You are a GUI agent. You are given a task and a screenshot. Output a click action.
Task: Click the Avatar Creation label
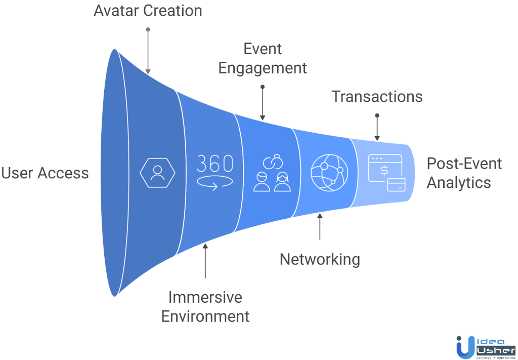(148, 11)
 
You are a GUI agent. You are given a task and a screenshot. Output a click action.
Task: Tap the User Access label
(45, 173)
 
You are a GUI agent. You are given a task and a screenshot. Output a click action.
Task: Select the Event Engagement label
(263, 59)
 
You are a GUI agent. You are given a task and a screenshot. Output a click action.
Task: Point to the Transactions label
(377, 96)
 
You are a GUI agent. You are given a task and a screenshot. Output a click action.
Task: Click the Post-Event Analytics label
(464, 173)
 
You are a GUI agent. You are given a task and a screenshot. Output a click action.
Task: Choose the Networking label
(320, 259)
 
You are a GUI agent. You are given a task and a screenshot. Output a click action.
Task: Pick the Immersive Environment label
(205, 307)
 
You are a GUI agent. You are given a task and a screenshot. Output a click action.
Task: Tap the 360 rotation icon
(214, 173)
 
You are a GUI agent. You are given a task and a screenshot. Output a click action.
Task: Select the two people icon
(272, 174)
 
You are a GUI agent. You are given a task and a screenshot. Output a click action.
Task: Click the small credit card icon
(396, 185)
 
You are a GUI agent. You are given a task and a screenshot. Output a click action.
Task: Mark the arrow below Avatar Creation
(148, 51)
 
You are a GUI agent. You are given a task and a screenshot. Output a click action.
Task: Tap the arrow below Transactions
(377, 128)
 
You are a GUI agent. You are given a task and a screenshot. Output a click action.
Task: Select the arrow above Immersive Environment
(205, 261)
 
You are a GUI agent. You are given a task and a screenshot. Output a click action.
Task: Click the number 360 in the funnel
(214, 164)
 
